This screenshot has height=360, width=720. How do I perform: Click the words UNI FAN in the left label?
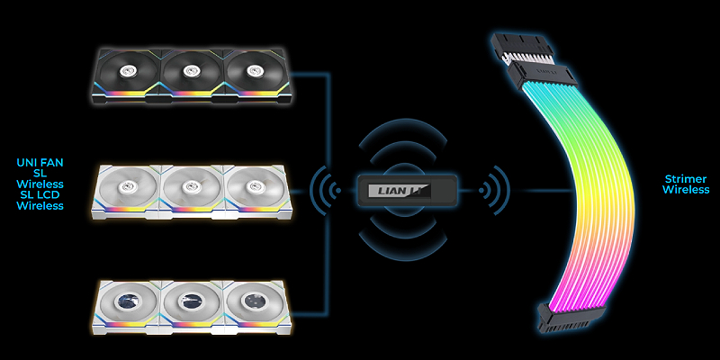pyautogui.click(x=40, y=162)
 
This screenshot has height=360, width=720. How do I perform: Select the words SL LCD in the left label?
pyautogui.click(x=40, y=195)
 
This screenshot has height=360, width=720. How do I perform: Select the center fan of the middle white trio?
pyautogui.click(x=192, y=187)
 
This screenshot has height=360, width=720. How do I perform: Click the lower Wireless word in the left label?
pyautogui.click(x=40, y=206)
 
